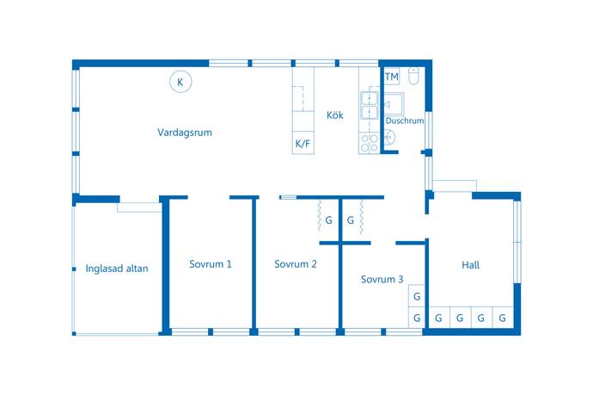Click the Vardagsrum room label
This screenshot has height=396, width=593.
pos(185,133)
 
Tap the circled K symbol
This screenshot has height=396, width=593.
pos(180,82)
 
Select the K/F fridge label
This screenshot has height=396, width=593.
pos(303,143)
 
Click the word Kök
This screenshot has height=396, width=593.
pos(335,114)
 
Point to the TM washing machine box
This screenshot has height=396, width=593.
pos(392,77)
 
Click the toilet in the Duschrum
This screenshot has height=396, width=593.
pos(414,76)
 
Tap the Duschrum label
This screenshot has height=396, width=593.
pos(404,121)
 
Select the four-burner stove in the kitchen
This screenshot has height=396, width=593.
pos(369,143)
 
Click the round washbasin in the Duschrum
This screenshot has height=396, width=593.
pos(390,137)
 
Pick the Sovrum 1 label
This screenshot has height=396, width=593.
pos(211,264)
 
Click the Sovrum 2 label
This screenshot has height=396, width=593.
pos(296,264)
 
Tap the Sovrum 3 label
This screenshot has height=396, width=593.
pos(382,279)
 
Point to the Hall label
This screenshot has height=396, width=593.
pos(470,265)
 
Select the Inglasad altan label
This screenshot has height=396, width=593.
pos(117,269)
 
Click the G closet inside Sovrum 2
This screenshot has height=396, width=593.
pos(328,220)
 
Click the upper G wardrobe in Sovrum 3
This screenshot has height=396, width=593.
pos(417,296)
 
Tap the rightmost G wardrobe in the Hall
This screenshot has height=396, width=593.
pos(503,318)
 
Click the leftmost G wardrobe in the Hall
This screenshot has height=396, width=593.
pos(438,318)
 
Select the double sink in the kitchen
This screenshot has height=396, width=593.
pos(369,105)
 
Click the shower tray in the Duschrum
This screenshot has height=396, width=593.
pos(394,103)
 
